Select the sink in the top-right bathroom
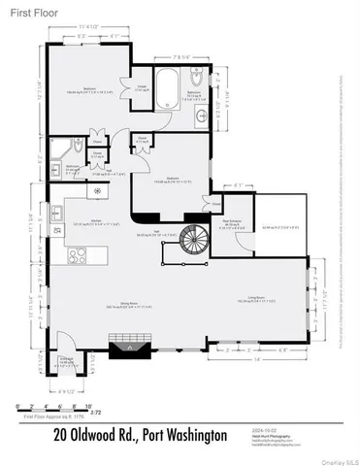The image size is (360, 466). (201, 114)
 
